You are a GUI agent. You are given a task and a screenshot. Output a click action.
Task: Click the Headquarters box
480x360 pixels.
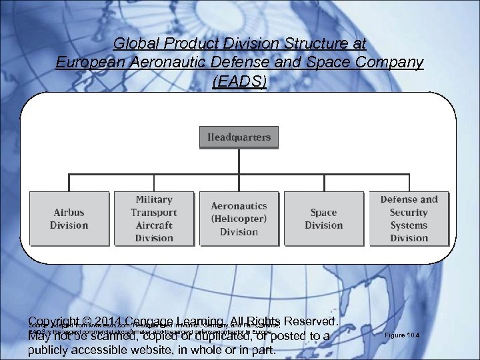click(239, 137)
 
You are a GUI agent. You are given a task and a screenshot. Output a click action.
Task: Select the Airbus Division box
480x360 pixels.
click(69, 219)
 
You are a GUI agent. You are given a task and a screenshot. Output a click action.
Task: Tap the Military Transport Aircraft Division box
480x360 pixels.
click(153, 219)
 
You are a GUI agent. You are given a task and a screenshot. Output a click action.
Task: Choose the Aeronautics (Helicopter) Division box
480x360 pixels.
click(239, 219)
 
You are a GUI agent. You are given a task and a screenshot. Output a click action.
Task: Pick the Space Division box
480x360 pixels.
click(323, 219)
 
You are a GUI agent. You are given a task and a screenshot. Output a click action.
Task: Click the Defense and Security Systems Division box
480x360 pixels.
click(409, 219)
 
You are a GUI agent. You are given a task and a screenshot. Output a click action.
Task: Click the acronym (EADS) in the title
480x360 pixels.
click(239, 81)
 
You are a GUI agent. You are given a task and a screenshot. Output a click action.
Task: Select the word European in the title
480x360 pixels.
click(85, 63)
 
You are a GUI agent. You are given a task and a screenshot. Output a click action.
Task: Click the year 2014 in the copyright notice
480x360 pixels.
click(105, 322)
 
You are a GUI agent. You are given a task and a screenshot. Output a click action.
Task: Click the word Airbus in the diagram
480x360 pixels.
click(69, 213)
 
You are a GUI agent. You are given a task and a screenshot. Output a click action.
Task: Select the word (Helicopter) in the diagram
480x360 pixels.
click(239, 219)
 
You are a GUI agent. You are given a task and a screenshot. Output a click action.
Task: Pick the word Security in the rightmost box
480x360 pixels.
click(409, 213)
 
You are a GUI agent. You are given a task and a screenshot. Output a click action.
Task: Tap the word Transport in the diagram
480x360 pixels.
click(153, 213)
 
